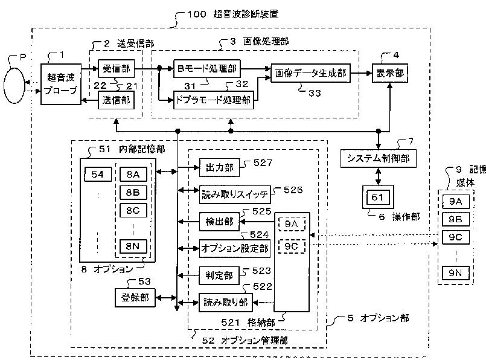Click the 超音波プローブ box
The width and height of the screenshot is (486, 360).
(x=61, y=84)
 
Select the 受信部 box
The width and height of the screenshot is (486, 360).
(x=117, y=68)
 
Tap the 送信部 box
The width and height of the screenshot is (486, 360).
(x=117, y=100)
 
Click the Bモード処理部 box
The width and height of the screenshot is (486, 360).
(x=206, y=68)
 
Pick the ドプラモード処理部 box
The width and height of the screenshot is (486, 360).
(x=214, y=100)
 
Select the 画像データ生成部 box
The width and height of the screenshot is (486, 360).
(x=310, y=73)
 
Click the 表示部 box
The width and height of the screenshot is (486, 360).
(x=390, y=73)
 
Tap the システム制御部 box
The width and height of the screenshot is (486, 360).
(x=378, y=158)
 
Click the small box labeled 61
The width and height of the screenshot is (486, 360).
(x=377, y=197)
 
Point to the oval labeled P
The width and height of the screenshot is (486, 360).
(x=14, y=85)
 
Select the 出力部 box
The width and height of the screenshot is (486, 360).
(x=219, y=167)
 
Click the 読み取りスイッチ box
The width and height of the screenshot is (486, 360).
(x=235, y=194)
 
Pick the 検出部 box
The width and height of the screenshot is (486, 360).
(x=219, y=222)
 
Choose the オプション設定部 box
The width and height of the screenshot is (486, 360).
(x=235, y=248)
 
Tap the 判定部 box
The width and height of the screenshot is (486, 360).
(x=219, y=275)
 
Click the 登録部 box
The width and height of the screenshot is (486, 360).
(x=135, y=298)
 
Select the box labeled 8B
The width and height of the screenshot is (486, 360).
(x=133, y=193)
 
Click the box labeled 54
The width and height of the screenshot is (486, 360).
(x=98, y=175)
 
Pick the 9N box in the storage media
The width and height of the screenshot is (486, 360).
(x=455, y=273)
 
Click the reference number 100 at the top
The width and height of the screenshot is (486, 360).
(x=197, y=14)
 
